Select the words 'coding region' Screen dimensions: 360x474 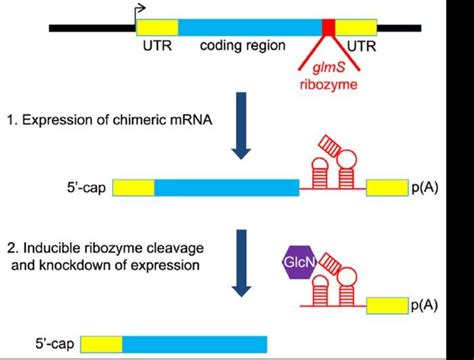[240, 46]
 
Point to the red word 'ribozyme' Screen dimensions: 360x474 [327, 84]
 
